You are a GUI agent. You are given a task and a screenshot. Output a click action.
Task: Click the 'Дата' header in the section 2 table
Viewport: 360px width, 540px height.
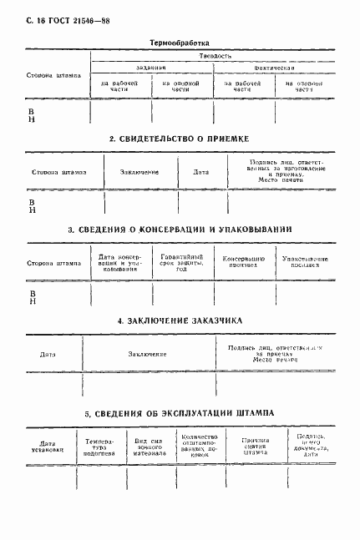tap(201, 172)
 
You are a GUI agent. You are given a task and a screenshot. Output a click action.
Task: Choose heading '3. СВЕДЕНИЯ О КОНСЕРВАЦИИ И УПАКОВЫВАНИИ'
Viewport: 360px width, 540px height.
tap(180, 230)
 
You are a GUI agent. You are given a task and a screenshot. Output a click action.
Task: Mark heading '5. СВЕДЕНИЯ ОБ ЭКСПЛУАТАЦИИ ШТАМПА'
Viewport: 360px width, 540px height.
tap(180, 414)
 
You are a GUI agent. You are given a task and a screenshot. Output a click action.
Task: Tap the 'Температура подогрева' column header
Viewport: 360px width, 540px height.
tap(98, 447)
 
